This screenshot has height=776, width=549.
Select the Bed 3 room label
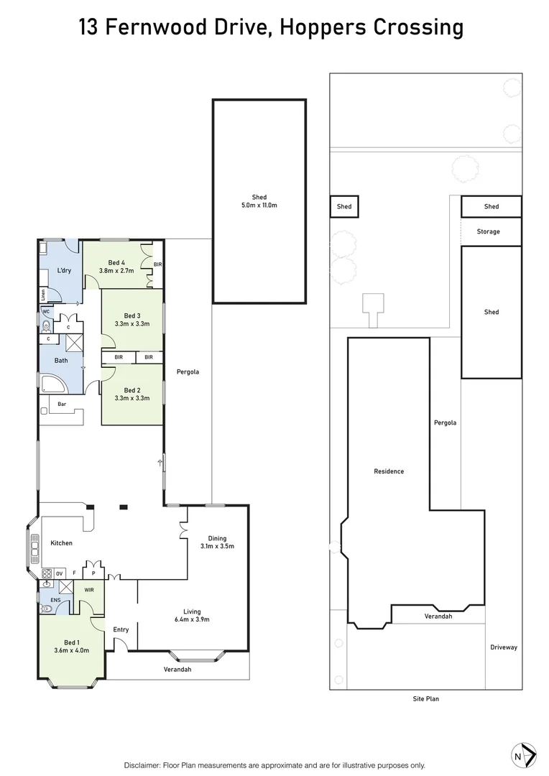pos(132,315)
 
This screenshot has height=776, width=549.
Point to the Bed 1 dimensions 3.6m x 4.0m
pos(71,650)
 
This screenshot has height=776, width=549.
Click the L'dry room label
pos(64,270)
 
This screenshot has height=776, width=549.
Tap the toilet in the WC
pos(46,325)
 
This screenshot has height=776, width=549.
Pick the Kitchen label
pos(61,542)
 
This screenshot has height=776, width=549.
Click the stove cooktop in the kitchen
pos(47,573)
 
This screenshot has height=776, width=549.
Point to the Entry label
pos(121,629)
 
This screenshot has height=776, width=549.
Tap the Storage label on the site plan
pos(489,231)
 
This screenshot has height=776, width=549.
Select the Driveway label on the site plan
pos(503,647)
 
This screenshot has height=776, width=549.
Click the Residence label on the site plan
pos(389,471)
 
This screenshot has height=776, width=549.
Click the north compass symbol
pos(523,756)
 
